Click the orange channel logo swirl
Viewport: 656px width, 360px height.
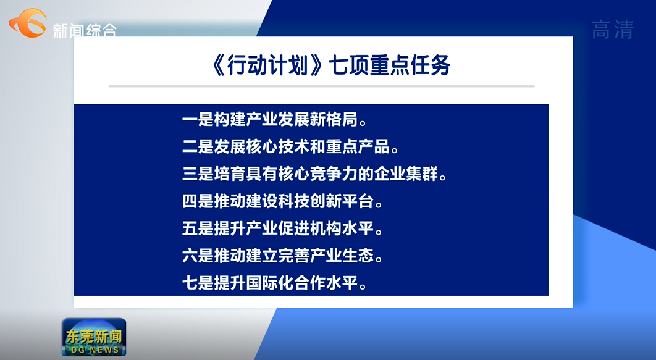click(x=28, y=23)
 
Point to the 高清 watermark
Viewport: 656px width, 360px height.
click(x=612, y=30)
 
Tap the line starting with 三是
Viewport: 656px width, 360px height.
click(x=314, y=175)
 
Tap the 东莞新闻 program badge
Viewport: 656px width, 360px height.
click(x=94, y=337)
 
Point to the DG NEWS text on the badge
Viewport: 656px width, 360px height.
click(x=94, y=350)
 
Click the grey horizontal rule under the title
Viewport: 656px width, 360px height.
click(x=322, y=86)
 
